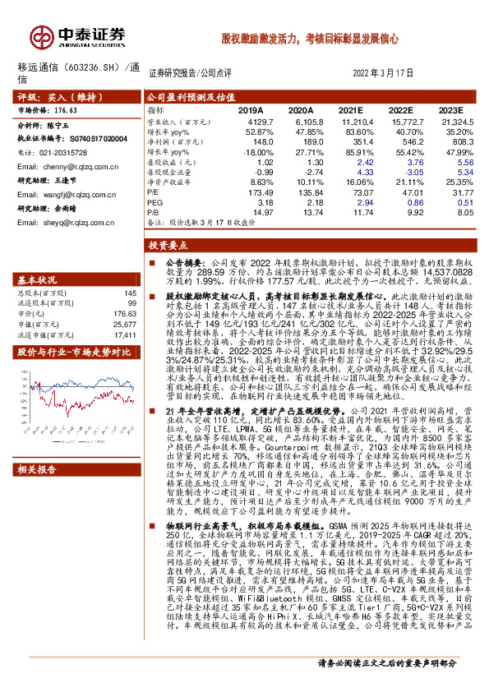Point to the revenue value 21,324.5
452,121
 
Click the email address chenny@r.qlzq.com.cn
76,165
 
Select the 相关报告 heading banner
39,470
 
